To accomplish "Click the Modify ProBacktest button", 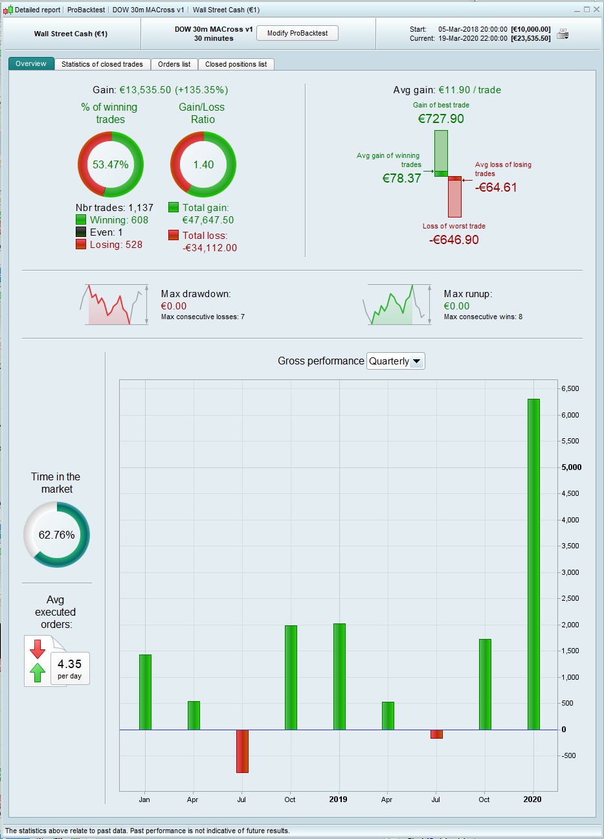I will click(x=297, y=33).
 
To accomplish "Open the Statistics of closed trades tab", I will click(x=102, y=64).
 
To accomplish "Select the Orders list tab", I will click(x=174, y=64).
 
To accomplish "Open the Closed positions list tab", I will click(x=236, y=64).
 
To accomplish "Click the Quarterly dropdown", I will click(x=396, y=361).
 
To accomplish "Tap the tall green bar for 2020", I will click(x=533, y=564).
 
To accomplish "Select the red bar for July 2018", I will click(x=242, y=751).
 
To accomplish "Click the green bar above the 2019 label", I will click(x=339, y=677).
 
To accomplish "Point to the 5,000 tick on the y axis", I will click(x=571, y=467).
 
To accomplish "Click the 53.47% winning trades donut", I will click(x=111, y=164).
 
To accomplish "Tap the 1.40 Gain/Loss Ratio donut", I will click(x=203, y=164).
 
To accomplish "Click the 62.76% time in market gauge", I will click(x=56, y=535).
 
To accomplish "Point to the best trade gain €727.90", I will click(x=441, y=118).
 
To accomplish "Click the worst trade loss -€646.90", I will click(x=454, y=240).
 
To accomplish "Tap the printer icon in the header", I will click(x=563, y=34).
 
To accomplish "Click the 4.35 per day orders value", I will click(x=69, y=667).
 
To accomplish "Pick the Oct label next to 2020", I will click(x=484, y=800).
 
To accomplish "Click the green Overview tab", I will click(x=31, y=63).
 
